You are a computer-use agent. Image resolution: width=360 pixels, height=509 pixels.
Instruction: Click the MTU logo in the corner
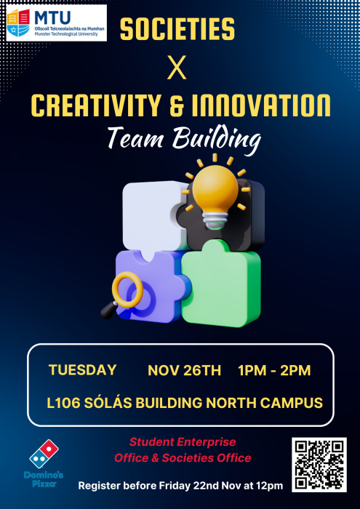(x=57, y=23)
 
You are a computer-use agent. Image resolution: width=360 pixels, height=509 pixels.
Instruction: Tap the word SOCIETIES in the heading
(x=177, y=29)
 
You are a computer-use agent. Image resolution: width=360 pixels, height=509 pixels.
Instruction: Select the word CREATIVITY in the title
(x=96, y=106)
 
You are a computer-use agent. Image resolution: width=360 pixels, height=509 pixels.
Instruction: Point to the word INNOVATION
(x=260, y=106)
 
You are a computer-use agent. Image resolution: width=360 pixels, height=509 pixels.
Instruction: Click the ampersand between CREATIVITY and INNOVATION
(x=175, y=106)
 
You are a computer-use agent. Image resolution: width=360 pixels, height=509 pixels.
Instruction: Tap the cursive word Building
(x=217, y=140)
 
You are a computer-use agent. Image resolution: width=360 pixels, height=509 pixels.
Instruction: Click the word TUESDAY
(x=82, y=370)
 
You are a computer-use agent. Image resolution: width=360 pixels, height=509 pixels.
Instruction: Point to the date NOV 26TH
(x=185, y=370)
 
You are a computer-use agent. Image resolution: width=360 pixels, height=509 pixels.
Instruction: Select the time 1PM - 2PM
(x=274, y=370)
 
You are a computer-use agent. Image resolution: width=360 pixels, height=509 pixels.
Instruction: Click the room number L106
(x=63, y=403)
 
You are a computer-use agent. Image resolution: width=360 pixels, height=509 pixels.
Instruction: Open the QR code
(x=319, y=465)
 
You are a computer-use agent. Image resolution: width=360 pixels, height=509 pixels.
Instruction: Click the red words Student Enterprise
(x=183, y=442)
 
